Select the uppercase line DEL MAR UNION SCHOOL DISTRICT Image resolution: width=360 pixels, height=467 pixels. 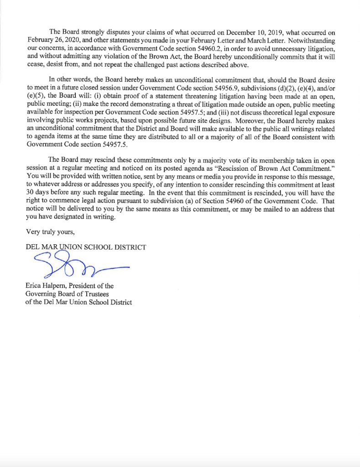[86, 247]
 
